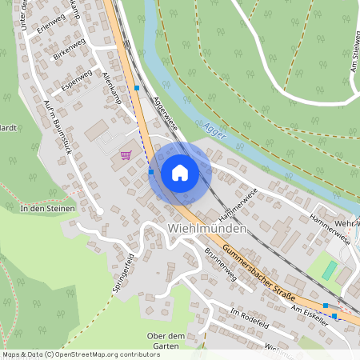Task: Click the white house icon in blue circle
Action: (179, 172)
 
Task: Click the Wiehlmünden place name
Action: (207, 228)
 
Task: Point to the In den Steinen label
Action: (47, 209)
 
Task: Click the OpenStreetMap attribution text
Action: (81, 354)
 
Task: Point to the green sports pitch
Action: (330, 270)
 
